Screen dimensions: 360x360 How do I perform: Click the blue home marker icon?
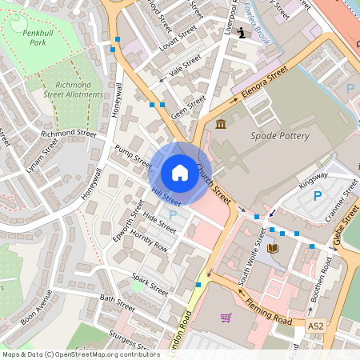pos(180,173)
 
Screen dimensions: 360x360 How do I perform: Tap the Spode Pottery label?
pos(280,136)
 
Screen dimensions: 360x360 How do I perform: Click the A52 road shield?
pos(317,326)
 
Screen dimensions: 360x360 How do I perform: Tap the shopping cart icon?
pos(226,317)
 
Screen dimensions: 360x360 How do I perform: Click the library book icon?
pos(273,249)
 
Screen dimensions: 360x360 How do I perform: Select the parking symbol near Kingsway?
pos(318,195)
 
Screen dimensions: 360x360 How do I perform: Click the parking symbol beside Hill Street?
pos(173,215)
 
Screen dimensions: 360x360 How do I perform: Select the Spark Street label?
pos(150,282)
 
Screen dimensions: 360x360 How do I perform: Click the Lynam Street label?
pos(42,156)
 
